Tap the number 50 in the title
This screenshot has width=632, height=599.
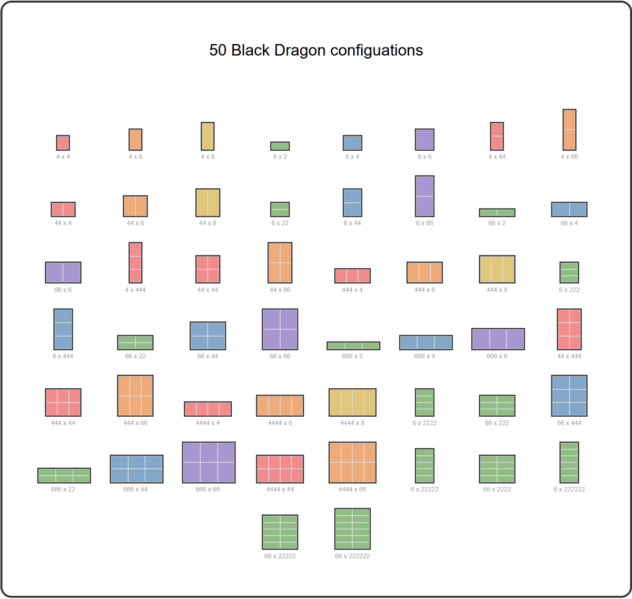coord(218,51)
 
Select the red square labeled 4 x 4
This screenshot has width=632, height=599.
coord(63,143)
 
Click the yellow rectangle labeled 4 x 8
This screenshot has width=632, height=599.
coord(208,136)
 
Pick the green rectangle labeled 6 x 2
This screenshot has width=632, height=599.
coord(280,146)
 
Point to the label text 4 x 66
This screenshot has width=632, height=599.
coord(569,156)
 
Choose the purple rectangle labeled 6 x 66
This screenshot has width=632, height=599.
coord(424,196)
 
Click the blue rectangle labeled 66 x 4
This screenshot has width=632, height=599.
coord(569,210)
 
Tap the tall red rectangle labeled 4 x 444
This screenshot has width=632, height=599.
coord(135,263)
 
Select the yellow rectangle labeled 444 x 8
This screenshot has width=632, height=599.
coord(497,269)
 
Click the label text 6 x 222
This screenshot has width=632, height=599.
coord(569,290)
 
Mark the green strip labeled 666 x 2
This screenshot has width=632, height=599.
coord(353,346)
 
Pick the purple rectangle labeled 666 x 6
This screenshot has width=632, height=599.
coord(498,339)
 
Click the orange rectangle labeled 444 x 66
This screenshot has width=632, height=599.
coord(135,396)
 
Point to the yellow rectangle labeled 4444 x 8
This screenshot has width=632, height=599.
coord(352,402)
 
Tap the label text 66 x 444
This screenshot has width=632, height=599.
coord(569,423)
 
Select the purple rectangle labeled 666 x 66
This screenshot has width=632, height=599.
coord(209,462)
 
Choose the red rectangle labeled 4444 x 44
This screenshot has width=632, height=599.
coord(280,469)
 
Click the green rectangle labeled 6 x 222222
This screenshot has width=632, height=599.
coord(569,462)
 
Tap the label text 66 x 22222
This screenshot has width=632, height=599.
coord(280,556)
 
